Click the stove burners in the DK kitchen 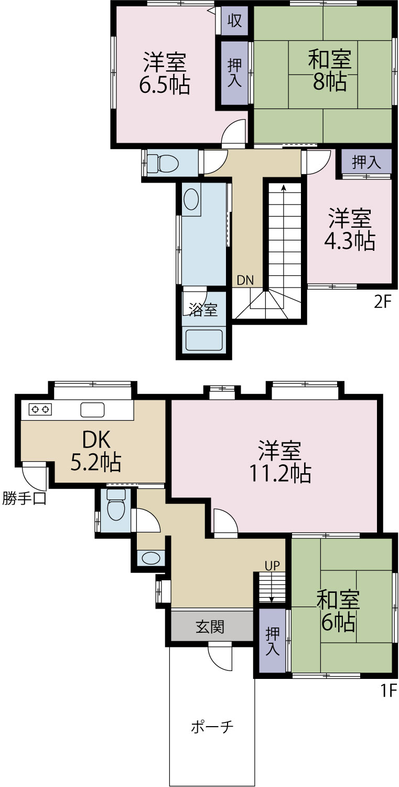tap(40, 409)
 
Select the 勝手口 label tap(24, 498)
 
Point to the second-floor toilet tap(163, 163)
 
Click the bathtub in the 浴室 tap(204, 340)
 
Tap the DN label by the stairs tap(245, 280)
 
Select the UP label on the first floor tap(272, 566)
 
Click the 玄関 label tap(210, 626)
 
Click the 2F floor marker tap(383, 302)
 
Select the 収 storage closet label tap(234, 21)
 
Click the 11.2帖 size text tap(280, 473)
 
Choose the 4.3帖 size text tap(350, 241)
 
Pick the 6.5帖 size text tap(165, 84)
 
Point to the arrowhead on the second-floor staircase tap(283, 187)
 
